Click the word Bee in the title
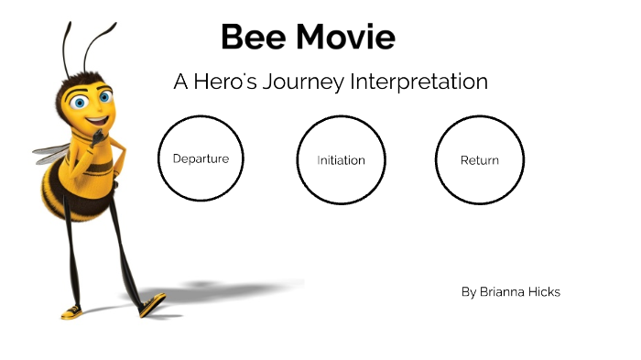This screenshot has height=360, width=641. click(x=253, y=38)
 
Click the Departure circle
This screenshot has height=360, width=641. click(x=201, y=158)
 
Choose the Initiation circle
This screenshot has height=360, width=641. click(x=341, y=160)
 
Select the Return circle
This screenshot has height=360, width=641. click(x=479, y=160)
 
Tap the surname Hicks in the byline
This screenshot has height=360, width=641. click(x=546, y=292)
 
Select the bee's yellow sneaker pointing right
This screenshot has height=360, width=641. click(x=151, y=304)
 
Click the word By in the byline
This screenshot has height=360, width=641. click(x=469, y=292)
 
